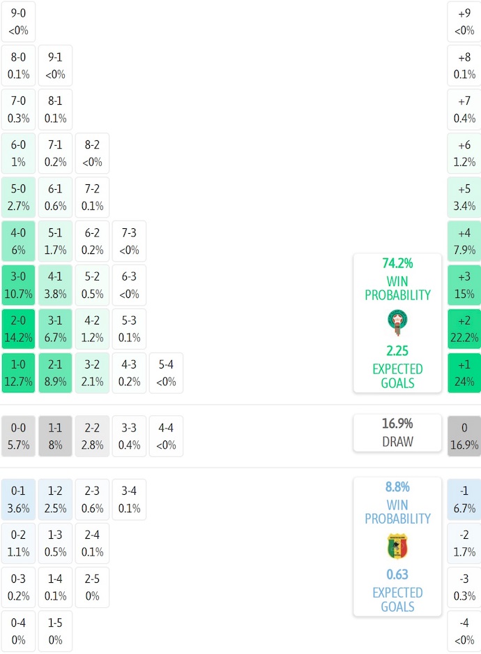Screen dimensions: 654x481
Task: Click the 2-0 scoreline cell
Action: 18,329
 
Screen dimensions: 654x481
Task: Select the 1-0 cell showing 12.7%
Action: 18,373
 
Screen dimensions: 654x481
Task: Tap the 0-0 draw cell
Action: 18,436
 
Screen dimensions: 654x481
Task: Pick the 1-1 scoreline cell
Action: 55,436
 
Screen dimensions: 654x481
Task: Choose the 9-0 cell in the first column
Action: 18,21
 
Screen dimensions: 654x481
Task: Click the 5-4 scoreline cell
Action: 166,373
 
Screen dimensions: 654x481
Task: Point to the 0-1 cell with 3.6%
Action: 18,500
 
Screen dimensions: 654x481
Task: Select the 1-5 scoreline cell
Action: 55,632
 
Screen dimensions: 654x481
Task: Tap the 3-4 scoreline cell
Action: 129,500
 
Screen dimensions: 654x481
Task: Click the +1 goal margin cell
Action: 464,373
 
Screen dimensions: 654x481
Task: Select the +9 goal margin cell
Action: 464,21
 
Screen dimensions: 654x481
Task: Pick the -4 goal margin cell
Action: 464,632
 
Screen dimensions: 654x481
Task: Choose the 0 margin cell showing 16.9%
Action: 464,436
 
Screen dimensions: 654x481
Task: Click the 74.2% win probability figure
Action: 397,263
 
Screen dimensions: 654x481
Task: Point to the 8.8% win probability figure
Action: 397,487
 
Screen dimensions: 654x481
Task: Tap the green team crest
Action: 397,322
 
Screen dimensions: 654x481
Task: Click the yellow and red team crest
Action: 397,547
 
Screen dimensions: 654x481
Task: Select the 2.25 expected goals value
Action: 397,351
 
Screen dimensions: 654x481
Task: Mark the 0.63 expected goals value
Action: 397,574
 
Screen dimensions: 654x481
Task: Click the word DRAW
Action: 397,441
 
